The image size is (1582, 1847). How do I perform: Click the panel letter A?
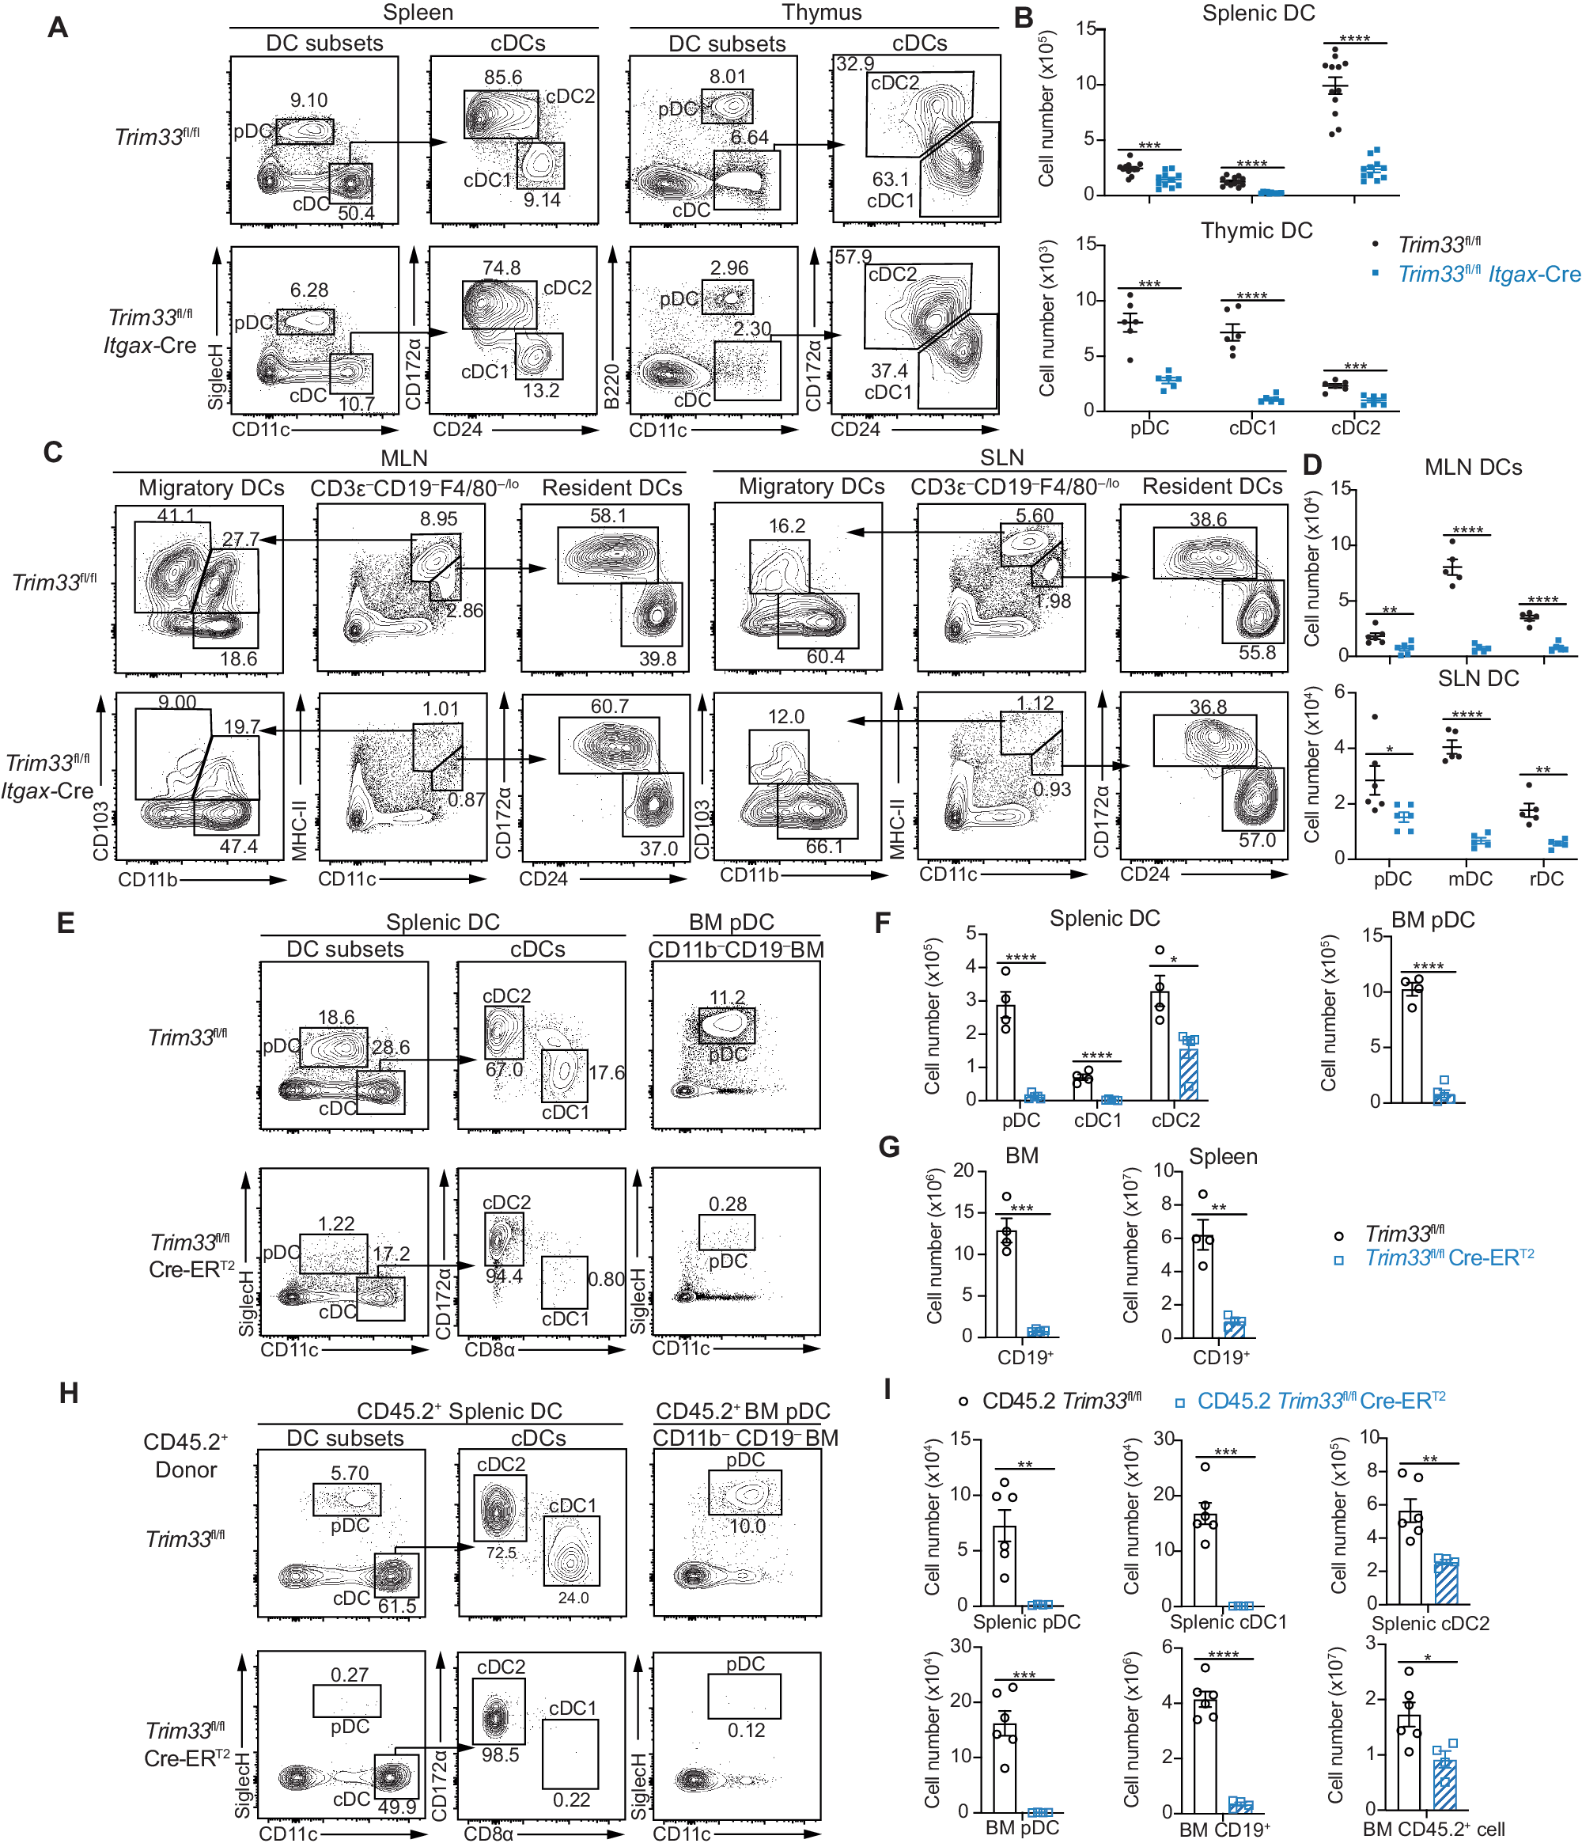point(57,28)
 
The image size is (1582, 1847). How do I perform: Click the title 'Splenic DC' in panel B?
point(1257,13)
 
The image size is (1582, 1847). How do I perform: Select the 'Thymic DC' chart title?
point(1256,231)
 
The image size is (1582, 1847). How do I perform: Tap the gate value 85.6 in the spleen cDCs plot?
point(501,78)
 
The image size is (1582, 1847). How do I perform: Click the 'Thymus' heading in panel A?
point(821,13)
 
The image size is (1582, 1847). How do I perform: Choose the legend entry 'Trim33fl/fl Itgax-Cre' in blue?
point(1489,275)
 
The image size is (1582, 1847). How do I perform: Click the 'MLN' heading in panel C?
point(403,458)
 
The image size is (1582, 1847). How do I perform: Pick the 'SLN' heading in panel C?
point(1001,457)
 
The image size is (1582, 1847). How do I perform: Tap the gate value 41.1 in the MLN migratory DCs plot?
point(176,515)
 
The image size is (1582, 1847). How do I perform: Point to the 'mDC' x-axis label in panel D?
point(1470,879)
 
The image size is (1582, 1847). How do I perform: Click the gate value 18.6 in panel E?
point(335,1017)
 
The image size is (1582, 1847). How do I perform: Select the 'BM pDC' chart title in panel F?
point(1433,920)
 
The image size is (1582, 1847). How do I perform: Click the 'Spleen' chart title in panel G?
point(1223,1157)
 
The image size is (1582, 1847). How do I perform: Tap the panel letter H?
point(69,1394)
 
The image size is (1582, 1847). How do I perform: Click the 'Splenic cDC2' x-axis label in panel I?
point(1429,1623)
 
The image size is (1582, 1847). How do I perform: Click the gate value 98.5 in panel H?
point(500,1754)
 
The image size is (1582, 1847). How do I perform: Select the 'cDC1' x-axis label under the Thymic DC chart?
point(1252,428)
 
